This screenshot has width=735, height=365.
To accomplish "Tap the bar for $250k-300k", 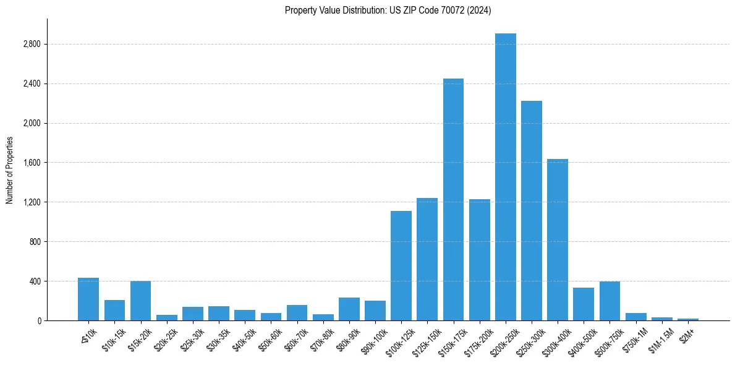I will coord(531,210).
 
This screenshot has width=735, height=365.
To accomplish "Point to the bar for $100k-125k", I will coord(401,265).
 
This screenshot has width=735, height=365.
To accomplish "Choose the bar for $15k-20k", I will coord(140,301).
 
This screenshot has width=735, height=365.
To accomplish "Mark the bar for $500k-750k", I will coord(610,301).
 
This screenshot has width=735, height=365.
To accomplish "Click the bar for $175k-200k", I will coord(479,260).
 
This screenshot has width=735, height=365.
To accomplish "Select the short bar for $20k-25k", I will coord(166,317).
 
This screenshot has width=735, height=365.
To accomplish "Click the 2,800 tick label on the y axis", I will coord(32,45).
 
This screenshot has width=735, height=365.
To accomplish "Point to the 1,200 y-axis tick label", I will coord(32,202).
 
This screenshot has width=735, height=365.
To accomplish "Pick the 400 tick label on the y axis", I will coord(35,281).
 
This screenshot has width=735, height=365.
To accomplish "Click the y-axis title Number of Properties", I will coord(9,170).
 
